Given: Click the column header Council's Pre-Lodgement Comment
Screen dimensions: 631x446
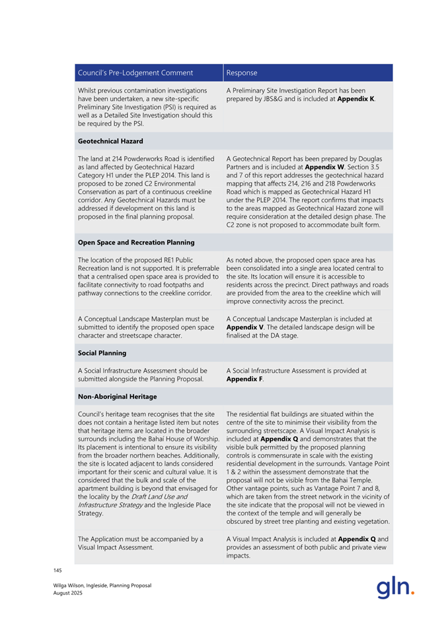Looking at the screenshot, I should (135, 73).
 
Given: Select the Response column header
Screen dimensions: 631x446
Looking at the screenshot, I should (241, 73).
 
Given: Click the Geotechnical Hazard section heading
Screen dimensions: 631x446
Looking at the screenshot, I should (110, 141).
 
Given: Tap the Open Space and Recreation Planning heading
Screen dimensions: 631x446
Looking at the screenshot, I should (136, 242).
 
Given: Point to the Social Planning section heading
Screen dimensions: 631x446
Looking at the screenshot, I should (102, 353).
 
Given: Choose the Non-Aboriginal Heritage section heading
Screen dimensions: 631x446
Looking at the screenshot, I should (118, 396).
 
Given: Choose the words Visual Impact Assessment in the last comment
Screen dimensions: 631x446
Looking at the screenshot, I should (114, 547).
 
